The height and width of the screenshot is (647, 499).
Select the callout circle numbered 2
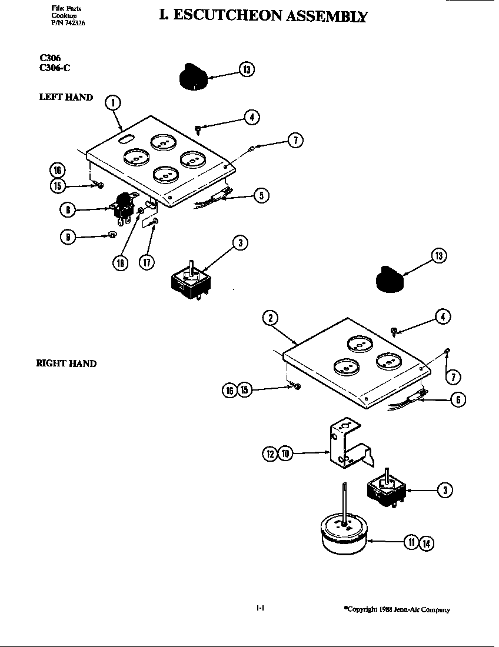[x=270, y=318]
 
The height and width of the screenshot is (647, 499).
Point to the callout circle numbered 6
[x=457, y=400]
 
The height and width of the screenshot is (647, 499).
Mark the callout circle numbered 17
[x=147, y=262]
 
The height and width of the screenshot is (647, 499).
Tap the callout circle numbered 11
[x=411, y=543]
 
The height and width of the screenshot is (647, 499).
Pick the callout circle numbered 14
[x=426, y=543]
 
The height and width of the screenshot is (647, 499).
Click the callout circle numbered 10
[x=285, y=453]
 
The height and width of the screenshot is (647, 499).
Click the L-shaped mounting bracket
[x=348, y=451]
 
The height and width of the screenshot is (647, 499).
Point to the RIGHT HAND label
[x=66, y=363]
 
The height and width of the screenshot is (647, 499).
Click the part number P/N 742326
[x=64, y=23]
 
